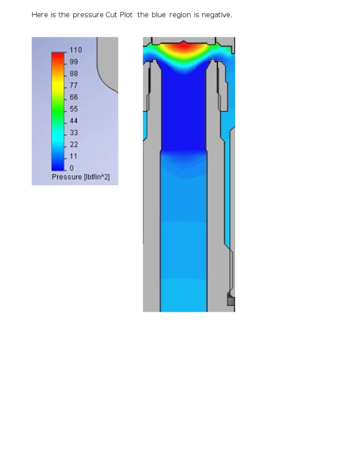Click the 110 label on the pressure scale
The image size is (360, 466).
(76, 50)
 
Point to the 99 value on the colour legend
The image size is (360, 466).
(74, 62)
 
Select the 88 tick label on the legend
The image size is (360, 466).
(74, 74)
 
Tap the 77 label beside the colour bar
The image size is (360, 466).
(74, 85)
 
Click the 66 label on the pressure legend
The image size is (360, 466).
(74, 97)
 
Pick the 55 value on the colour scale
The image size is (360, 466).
(74, 109)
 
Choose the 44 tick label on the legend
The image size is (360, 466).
(74, 121)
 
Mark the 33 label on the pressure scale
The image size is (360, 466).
(74, 133)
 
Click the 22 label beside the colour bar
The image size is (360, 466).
(74, 145)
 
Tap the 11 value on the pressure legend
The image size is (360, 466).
(73, 156)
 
